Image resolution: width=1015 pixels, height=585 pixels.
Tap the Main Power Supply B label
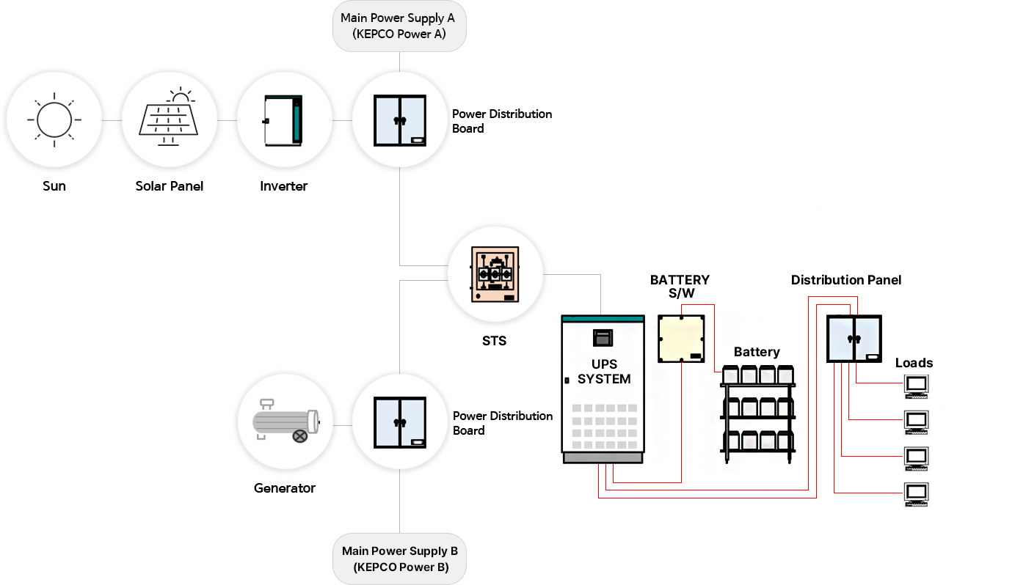click(x=400, y=559)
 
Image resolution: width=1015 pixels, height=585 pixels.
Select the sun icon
click(x=54, y=119)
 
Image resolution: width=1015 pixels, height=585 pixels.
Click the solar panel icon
click(x=170, y=119)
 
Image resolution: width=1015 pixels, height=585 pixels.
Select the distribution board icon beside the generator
click(x=400, y=423)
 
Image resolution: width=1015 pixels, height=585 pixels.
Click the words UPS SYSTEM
click(x=604, y=372)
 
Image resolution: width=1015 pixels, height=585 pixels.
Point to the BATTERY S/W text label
click(x=680, y=286)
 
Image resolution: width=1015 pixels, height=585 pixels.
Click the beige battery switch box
click(x=681, y=338)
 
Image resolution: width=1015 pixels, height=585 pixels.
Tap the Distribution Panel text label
click(x=846, y=280)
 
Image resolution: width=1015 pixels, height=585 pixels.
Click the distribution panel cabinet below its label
click(x=854, y=338)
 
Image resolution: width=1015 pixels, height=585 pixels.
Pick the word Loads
click(x=914, y=363)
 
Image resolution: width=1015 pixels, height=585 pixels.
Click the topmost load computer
click(x=917, y=386)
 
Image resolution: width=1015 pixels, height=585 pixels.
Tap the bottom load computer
click(x=917, y=494)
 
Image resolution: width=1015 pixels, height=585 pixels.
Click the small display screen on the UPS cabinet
click(x=603, y=338)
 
